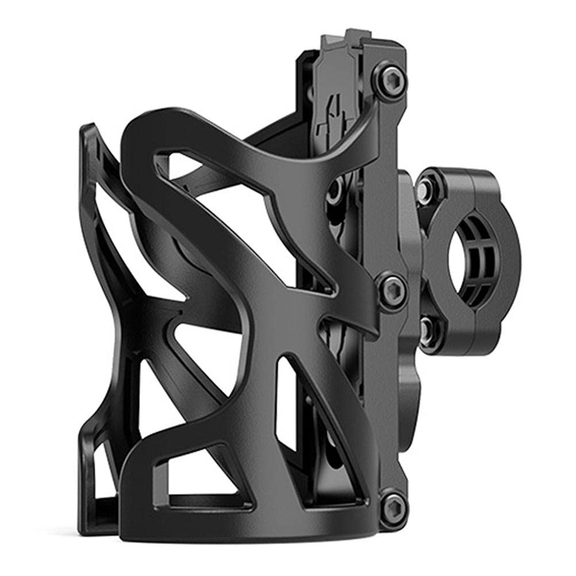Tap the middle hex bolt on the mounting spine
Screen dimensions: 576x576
[393, 289]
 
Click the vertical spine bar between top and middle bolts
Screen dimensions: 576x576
[385, 184]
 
